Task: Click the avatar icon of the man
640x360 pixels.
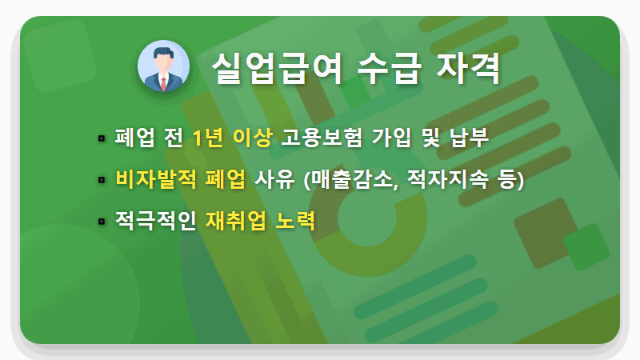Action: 163,66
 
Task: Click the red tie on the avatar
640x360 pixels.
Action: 163,83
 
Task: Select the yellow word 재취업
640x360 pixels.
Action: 233,219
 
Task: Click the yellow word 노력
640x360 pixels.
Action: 295,219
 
